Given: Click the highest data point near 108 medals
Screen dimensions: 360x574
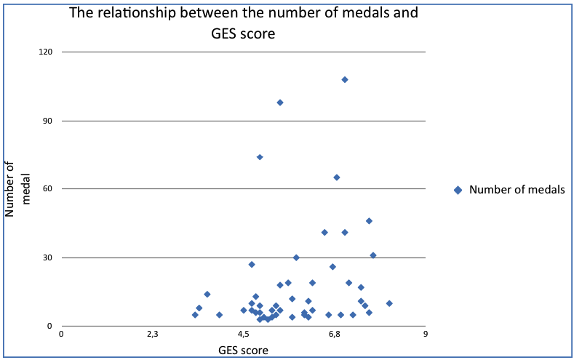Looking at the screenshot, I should (345, 79).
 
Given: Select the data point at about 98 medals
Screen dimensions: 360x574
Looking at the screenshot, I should (280, 103).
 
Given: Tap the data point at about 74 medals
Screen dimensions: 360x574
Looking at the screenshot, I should (260, 157).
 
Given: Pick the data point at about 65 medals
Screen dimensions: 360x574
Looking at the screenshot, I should (337, 177).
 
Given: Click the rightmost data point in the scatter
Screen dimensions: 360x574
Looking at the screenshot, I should (389, 303).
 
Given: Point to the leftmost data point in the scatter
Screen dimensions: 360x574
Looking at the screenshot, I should (195, 315).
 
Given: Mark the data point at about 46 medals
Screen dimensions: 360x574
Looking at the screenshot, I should (369, 221).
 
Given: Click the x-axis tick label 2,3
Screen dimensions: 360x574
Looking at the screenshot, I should (153, 335).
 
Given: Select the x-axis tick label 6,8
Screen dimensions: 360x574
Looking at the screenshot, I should (335, 335).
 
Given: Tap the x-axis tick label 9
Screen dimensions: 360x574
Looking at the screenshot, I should (426, 335).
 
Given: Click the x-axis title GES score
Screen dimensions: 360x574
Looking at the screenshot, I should (244, 351).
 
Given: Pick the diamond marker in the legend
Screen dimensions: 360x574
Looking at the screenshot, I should (458, 190).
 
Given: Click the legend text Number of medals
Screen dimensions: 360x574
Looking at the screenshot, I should (517, 190).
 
